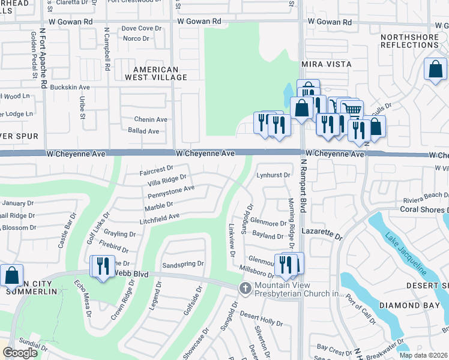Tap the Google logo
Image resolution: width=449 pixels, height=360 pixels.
(20, 353)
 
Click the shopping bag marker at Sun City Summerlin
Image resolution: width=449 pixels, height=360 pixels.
(11, 275)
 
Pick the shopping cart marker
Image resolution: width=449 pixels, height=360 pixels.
(352, 110)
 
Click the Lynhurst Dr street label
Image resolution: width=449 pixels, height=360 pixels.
(274, 175)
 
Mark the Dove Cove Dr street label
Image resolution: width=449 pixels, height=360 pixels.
(142, 28)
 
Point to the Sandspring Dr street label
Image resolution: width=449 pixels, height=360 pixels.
(183, 264)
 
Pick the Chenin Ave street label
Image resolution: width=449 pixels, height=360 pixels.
(151, 119)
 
